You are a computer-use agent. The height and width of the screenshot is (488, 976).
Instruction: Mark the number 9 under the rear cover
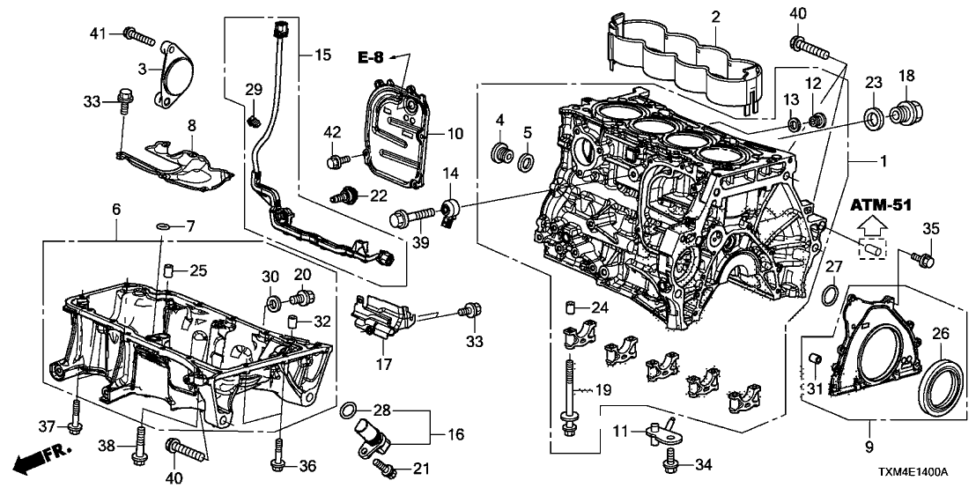pyautogui.click(x=869, y=447)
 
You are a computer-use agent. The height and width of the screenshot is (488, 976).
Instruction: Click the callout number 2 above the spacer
pyautogui.click(x=714, y=16)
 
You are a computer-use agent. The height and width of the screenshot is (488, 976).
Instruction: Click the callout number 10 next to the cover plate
pyautogui.click(x=455, y=135)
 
